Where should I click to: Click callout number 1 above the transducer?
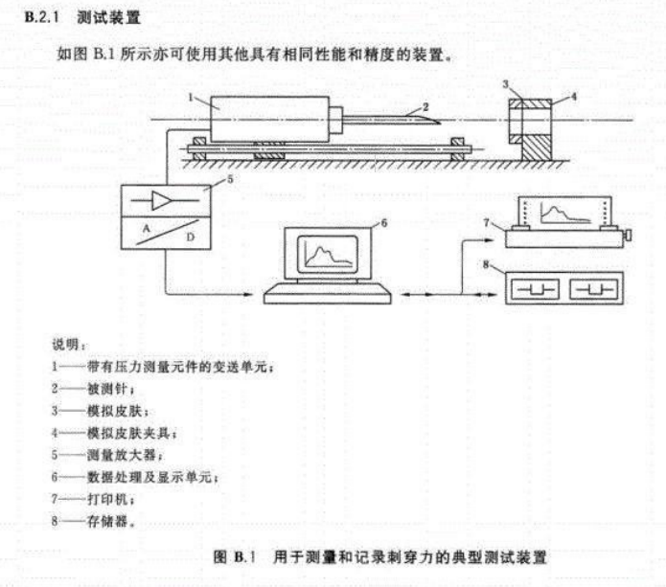click(193, 97)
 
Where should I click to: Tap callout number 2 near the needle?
click(425, 106)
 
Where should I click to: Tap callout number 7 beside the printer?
click(488, 222)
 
